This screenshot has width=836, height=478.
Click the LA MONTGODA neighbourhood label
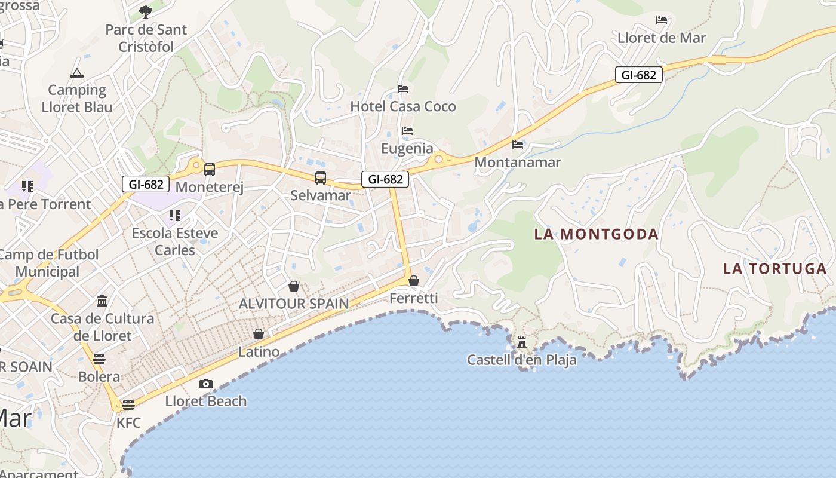[596, 234]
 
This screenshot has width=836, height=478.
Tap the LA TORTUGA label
[774, 269]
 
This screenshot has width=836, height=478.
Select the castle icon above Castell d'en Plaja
[522, 342]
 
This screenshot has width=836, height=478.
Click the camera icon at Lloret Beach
[205, 384]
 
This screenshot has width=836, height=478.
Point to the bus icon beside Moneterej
[209, 170]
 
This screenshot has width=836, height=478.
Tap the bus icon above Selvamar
[321, 177]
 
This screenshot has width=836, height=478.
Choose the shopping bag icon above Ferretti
[414, 280]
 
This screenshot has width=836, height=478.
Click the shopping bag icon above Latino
[259, 334]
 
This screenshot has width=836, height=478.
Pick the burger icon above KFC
[128, 405]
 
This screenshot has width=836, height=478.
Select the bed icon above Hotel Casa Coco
[403, 89]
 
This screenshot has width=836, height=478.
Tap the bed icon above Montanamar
[518, 145]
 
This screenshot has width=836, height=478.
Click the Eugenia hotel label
[407, 148]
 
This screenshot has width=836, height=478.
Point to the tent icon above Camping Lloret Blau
[76, 73]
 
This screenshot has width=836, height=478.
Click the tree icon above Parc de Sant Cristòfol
[146, 11]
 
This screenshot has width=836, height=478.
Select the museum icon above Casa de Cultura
[102, 300]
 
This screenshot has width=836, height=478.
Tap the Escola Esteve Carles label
[174, 241]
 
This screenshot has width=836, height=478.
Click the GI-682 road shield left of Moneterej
[146, 184]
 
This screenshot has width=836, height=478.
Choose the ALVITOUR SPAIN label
[293, 304]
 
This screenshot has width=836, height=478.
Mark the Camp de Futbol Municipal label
[48, 263]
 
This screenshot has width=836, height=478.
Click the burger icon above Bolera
[99, 359]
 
